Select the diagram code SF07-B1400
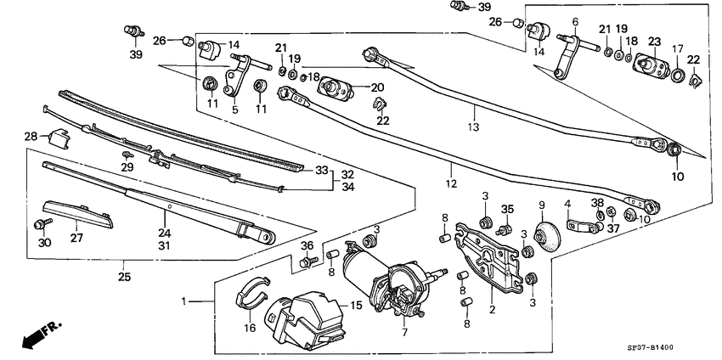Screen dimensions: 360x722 click(676, 348)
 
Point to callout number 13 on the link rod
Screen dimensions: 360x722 click(473, 127)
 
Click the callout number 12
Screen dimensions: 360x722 click(451, 183)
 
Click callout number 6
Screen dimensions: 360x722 click(575, 22)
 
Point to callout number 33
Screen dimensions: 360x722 click(320, 170)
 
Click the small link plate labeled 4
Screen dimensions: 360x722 click(577, 227)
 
